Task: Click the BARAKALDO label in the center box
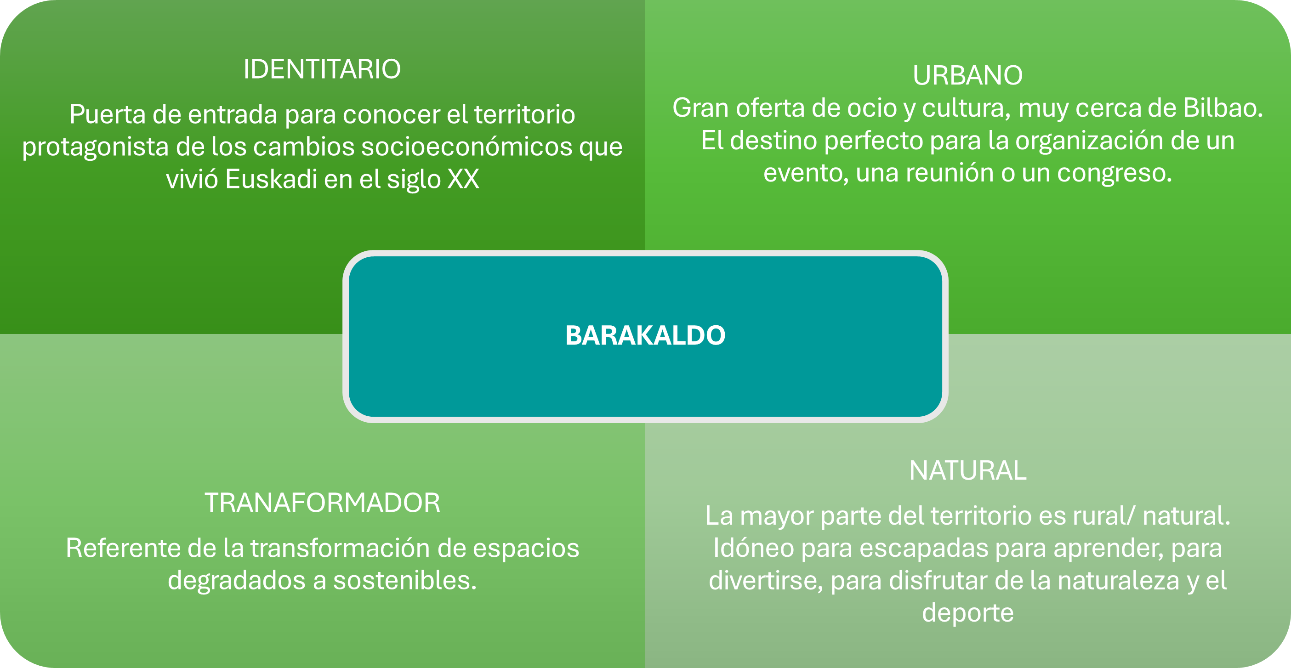click(x=645, y=335)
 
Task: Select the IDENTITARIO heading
click(x=322, y=69)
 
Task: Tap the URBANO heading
click(x=968, y=76)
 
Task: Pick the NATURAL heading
click(x=968, y=470)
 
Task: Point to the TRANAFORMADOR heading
click(x=322, y=503)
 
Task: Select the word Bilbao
click(x=1223, y=108)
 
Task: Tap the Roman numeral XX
click(x=463, y=179)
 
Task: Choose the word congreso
click(x=1115, y=174)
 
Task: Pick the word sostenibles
click(x=405, y=580)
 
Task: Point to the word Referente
click(x=123, y=548)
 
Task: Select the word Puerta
click(x=107, y=114)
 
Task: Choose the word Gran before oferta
click(x=700, y=108)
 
